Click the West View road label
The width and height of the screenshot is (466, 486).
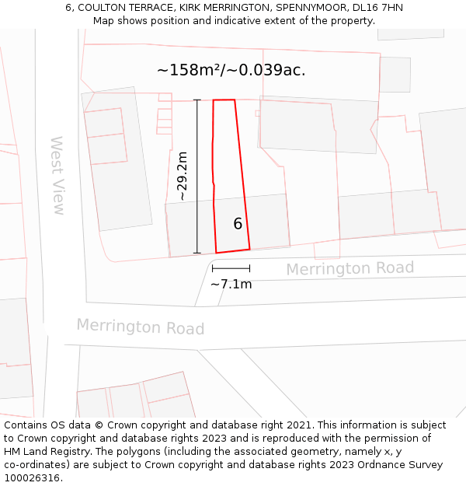pos(57,176)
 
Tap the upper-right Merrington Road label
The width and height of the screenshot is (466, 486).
pos(349,268)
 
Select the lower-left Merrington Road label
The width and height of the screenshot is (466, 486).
pos(140,327)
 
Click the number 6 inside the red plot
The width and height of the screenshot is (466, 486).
pos(238,224)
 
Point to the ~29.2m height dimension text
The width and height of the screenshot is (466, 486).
pos(182,177)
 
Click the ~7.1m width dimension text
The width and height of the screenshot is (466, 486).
pos(231,285)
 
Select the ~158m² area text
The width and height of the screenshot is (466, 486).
pos(190,70)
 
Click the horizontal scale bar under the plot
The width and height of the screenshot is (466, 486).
pos(231,268)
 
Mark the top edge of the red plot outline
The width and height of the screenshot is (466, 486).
pos(224,100)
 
